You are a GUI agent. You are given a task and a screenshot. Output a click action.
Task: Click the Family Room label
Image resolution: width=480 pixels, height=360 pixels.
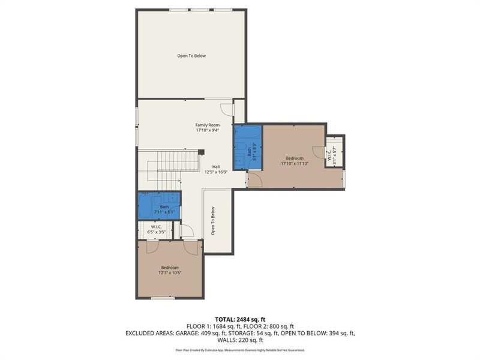coord(207,125)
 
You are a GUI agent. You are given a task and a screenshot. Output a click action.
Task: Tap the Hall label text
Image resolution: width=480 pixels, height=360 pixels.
coord(216,167)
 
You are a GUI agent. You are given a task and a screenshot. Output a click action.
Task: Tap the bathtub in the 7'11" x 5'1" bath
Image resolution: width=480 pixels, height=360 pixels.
coord(146,206)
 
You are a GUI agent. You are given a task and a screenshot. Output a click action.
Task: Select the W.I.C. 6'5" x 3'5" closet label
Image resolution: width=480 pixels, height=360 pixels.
coord(156,229)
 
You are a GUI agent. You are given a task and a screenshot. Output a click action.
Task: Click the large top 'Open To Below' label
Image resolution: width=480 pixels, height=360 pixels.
coord(191,56)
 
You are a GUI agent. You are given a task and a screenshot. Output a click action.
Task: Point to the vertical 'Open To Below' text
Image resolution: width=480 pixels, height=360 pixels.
coord(212,221)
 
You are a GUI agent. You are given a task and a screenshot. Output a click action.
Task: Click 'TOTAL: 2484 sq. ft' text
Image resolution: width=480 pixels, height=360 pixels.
coord(240,319)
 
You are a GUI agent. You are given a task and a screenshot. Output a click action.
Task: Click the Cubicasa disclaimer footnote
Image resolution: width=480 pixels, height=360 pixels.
coord(240,350)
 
